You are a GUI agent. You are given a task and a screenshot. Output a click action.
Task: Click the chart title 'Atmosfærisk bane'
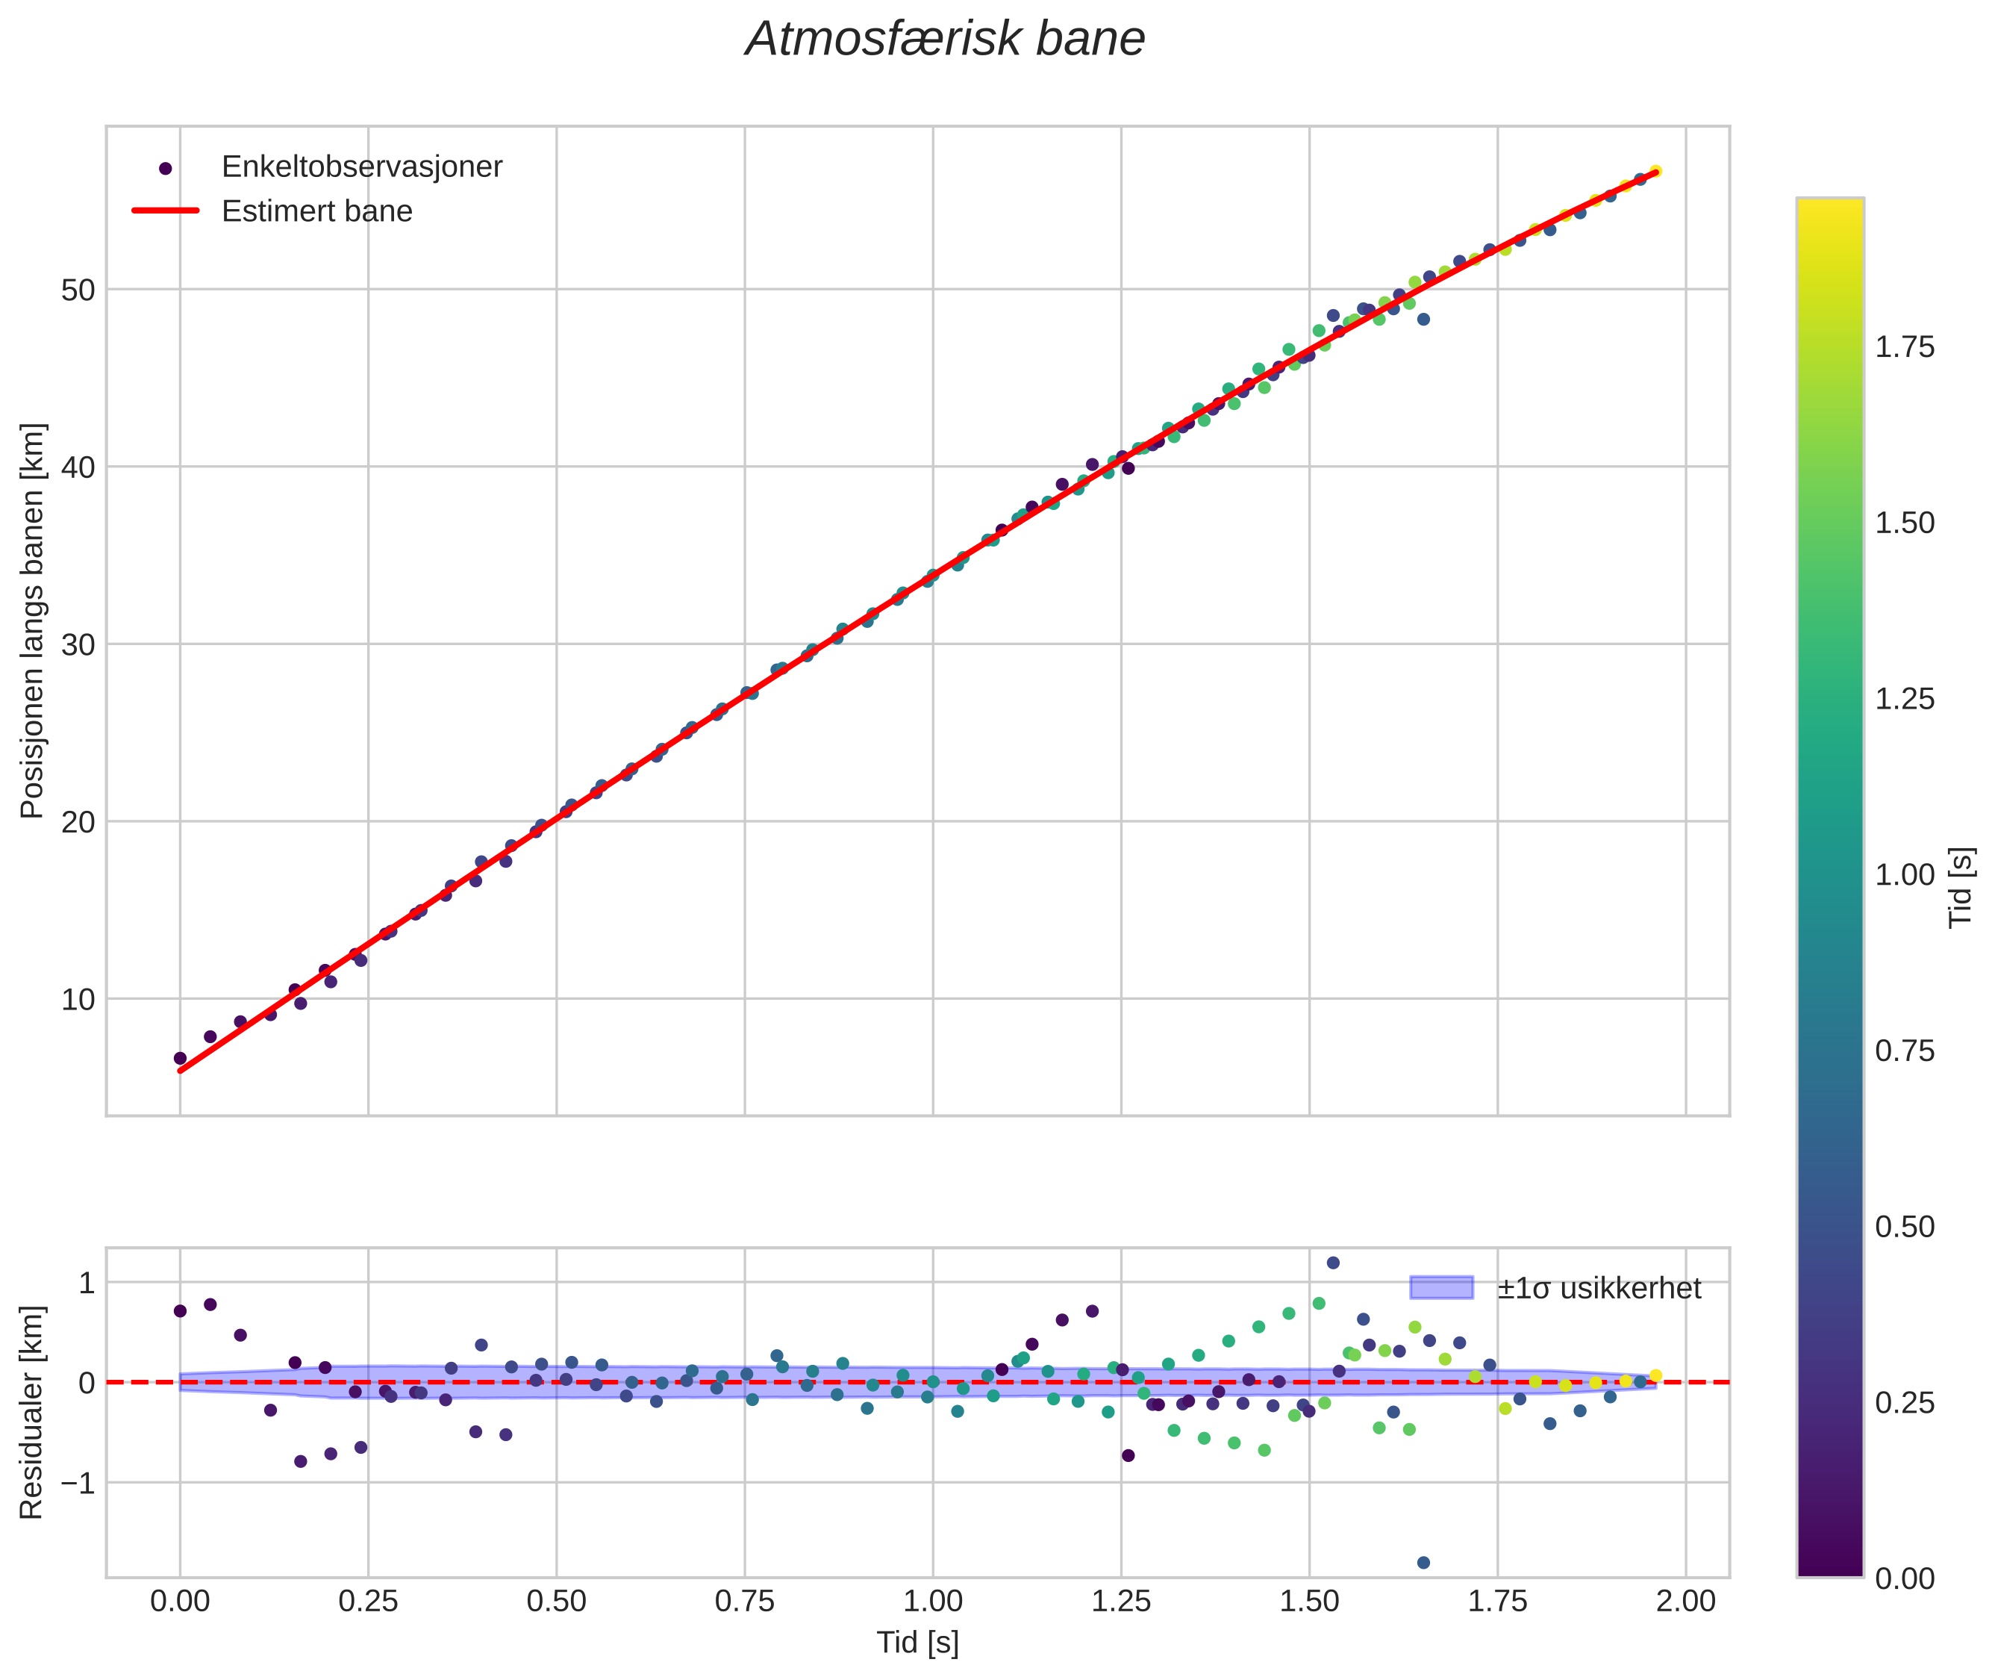[945, 40]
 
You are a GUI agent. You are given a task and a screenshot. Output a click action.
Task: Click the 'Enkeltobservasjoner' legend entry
[361, 167]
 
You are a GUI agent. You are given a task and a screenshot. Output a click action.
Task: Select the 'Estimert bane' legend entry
[316, 211]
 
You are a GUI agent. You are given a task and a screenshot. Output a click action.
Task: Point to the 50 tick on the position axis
[78, 290]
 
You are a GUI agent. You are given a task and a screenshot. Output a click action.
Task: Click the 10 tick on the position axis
[78, 999]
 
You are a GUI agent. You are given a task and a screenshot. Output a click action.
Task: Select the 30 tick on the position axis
[78, 644]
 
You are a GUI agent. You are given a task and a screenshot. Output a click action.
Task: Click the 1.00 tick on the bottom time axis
[932, 1602]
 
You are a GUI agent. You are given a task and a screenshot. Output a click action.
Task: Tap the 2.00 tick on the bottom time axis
[1685, 1602]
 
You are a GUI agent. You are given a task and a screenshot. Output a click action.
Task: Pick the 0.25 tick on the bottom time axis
[368, 1602]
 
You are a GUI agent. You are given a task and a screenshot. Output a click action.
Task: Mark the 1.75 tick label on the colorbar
[1904, 347]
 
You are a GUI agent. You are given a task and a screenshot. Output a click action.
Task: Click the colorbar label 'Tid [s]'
[1961, 887]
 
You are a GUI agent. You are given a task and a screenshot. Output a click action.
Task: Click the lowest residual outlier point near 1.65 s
[1423, 1563]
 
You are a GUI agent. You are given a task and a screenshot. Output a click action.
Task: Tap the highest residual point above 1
[1332, 1263]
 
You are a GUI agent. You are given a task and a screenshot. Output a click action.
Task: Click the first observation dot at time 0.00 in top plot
[180, 1058]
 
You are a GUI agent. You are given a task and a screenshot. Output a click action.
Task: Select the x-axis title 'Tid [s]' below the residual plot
[917, 1643]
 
